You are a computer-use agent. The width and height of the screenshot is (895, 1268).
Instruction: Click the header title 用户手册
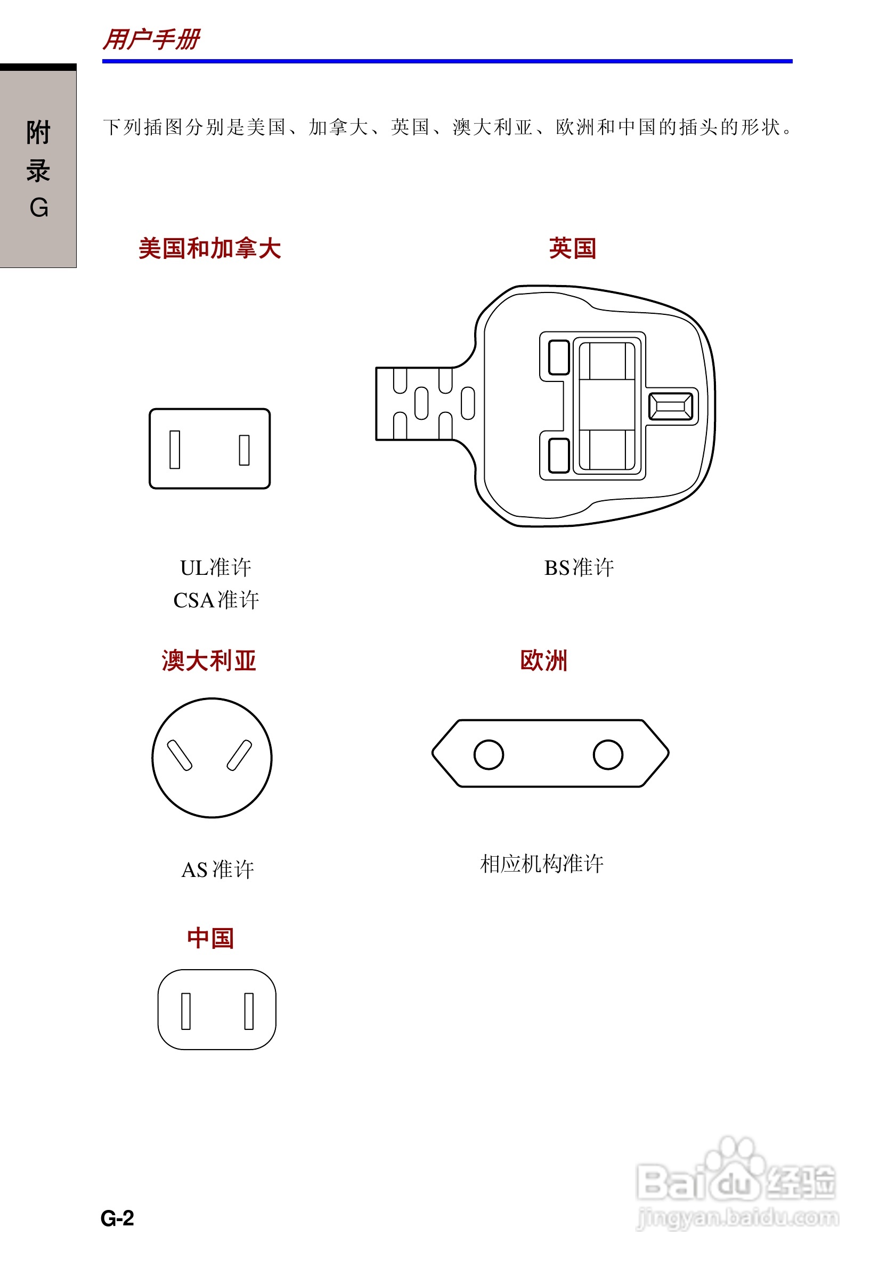151,40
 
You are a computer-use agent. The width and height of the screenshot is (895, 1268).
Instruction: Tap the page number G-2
117,1218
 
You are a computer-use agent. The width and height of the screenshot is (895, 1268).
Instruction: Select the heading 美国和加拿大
210,248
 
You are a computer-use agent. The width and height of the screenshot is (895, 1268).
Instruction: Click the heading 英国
573,248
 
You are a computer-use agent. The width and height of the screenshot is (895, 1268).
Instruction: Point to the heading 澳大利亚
209,661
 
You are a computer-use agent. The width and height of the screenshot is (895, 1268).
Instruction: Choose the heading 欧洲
544,661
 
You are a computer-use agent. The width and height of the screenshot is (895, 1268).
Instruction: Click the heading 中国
210,938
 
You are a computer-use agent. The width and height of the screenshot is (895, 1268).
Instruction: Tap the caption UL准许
215,568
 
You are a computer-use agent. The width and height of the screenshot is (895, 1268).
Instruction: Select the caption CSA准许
216,600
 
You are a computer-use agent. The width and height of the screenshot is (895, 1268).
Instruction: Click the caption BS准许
579,568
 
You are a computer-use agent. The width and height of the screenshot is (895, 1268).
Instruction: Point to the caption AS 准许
217,870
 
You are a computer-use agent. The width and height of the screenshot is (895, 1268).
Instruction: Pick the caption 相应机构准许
542,864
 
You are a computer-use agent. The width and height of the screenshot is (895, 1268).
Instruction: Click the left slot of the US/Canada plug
175,450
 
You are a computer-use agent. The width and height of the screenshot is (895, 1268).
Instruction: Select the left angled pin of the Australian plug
180,755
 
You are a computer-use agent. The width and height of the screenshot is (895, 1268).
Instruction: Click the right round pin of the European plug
608,754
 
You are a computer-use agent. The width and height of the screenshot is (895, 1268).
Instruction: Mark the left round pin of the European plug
489,754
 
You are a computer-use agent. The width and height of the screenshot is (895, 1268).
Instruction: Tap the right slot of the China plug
249,1011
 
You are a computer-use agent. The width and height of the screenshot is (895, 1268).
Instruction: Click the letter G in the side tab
39,208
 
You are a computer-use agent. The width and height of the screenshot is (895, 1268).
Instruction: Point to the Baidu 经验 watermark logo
737,1182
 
